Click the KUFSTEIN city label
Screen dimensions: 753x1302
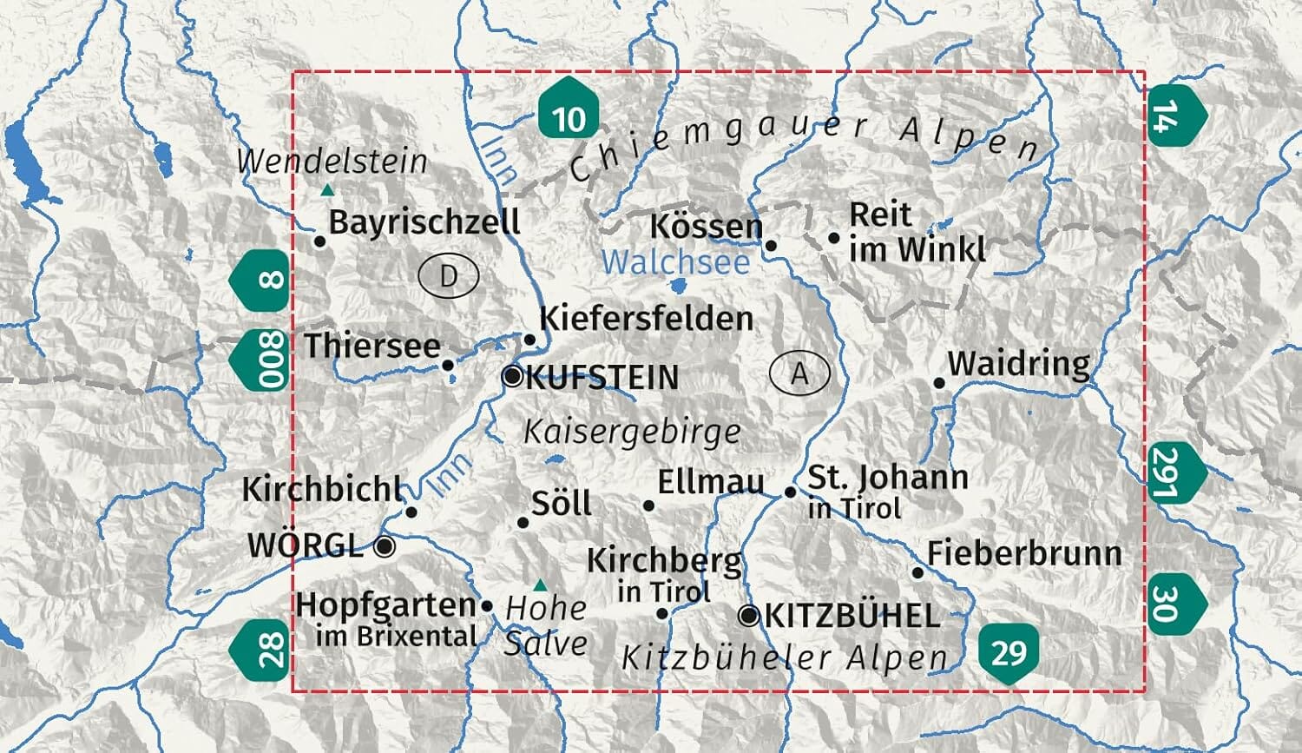tap(602, 378)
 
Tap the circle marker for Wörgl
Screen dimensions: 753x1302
tap(385, 546)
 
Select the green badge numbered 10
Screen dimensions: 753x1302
tap(569, 109)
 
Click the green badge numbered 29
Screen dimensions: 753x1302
tap(1008, 651)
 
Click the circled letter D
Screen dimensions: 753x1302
tap(448, 276)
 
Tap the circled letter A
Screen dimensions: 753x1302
tap(799, 373)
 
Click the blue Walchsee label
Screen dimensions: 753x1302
tap(675, 262)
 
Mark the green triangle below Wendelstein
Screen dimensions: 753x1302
tap(327, 189)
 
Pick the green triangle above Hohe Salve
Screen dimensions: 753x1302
tap(540, 585)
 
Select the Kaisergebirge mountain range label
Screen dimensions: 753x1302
tap(632, 431)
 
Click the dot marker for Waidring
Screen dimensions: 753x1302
tap(938, 382)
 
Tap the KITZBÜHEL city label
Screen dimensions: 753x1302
tap(852, 616)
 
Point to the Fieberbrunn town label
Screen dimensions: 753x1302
tap(1024, 552)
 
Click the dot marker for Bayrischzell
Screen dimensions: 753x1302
tap(319, 241)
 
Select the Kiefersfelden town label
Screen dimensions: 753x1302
tap(646, 318)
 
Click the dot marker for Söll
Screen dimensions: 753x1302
tap(523, 522)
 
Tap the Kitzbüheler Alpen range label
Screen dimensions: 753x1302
tap(785, 657)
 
